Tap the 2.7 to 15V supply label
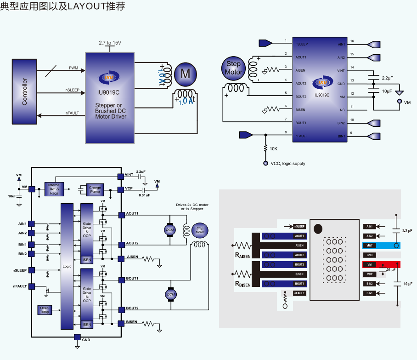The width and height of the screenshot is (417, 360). pos(110,43)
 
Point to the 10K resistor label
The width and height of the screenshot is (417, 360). pos(274,149)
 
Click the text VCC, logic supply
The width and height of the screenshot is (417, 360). pos(287,164)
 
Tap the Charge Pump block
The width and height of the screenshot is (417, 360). pos(95,189)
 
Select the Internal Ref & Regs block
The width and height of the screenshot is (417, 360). pos(54,189)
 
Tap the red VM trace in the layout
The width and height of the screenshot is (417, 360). pos(381,264)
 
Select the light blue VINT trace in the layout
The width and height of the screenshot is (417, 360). pos(381,246)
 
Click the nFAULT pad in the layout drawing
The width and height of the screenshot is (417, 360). pos(299,293)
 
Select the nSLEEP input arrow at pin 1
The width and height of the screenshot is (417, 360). pos(266,43)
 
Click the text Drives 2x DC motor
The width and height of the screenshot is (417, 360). pos(192,205)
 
